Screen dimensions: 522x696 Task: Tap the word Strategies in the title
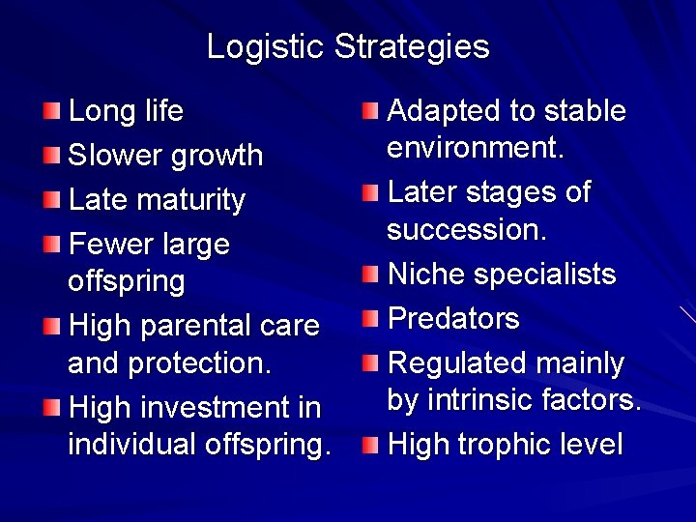(413, 46)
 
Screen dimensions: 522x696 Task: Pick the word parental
(206, 327)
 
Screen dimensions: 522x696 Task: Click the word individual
(132, 445)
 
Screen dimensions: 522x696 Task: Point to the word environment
(475, 148)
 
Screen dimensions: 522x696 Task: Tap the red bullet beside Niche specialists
(371, 275)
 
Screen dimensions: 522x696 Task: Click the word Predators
(453, 318)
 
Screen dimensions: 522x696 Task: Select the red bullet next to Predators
(371, 318)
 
